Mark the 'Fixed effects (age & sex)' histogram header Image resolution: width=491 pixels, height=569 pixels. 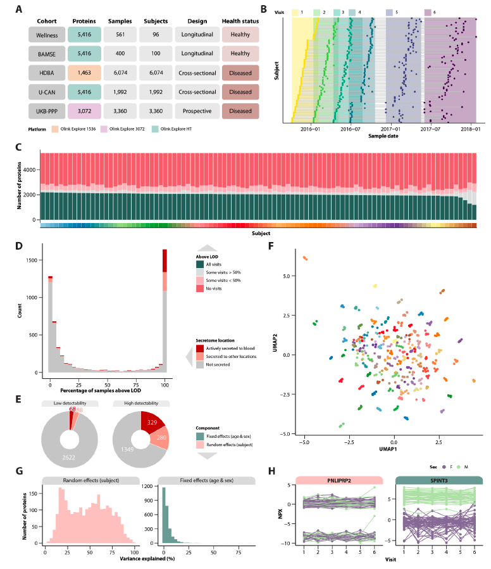(x=204, y=480)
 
